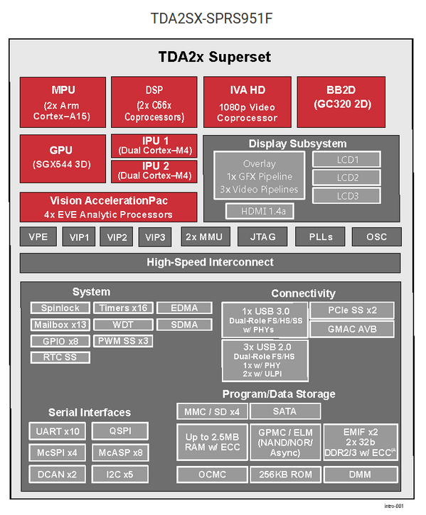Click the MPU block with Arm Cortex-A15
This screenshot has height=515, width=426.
pos(63,102)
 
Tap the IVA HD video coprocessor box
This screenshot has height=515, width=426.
pos(247,102)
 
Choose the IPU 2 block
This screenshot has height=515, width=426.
pos(154,170)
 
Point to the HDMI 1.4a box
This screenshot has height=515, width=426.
pos(260,211)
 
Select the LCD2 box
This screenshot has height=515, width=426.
pos(346,177)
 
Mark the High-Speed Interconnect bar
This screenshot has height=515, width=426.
pos(210,263)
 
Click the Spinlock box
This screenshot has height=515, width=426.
pos(60,308)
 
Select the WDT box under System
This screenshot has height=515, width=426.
pos(122,325)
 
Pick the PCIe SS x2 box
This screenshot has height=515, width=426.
pos(353,310)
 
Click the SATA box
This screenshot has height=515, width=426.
pos(284,411)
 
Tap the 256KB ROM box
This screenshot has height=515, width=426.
pos(284,474)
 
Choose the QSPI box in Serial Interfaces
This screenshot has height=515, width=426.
pos(120,431)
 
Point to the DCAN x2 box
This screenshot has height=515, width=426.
pos(58,474)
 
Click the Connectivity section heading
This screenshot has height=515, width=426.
pos(303,293)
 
